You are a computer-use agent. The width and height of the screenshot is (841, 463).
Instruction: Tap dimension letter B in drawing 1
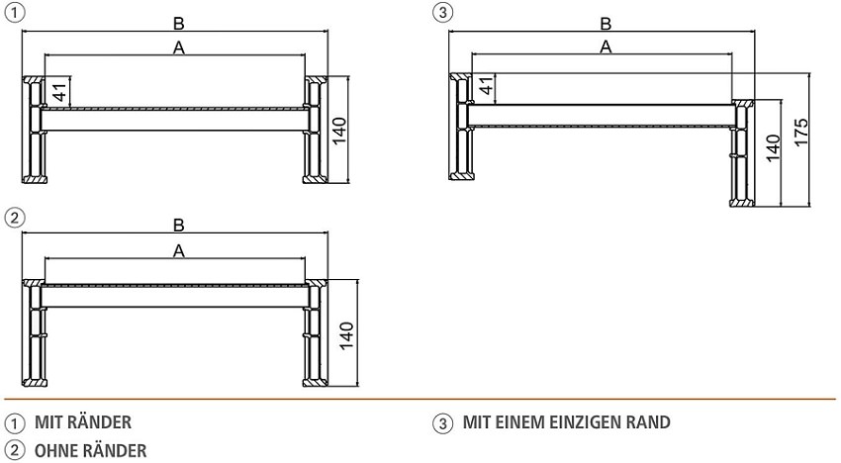click(179, 24)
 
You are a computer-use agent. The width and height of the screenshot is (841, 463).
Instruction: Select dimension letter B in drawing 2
click(179, 227)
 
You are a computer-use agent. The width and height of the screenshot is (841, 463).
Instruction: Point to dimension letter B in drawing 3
click(606, 24)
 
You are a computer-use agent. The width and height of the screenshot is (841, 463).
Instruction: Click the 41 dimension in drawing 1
click(58, 92)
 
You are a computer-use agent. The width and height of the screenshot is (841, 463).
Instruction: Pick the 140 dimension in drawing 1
click(340, 130)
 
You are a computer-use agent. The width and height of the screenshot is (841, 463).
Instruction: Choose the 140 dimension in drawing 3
click(773, 150)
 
